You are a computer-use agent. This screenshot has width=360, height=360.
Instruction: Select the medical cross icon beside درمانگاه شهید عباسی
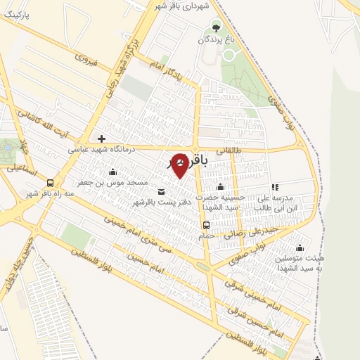click(x=102, y=139)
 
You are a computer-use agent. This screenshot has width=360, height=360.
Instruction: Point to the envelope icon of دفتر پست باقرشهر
click(x=162, y=191)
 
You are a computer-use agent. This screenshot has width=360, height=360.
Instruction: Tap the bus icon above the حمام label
click(x=206, y=225)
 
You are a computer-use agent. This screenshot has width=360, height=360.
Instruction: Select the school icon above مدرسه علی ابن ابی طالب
click(x=275, y=187)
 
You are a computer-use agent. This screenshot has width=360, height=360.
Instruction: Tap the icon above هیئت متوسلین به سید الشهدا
click(x=301, y=247)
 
